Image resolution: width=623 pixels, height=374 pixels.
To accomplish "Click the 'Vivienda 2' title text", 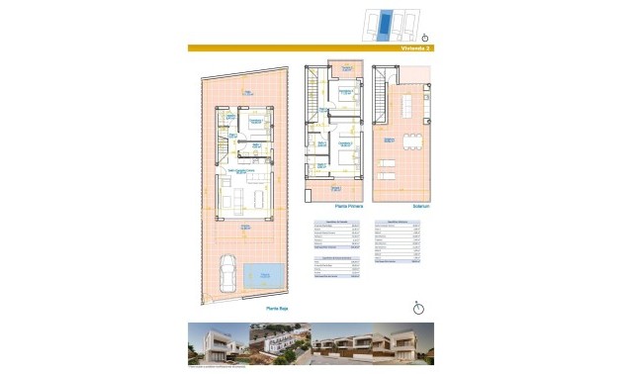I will tap(417, 47).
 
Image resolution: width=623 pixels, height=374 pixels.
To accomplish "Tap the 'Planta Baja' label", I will tap(275, 309).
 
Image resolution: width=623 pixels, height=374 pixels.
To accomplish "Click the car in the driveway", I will tap(227, 272).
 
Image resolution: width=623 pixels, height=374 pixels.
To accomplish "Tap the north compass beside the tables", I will tap(419, 307).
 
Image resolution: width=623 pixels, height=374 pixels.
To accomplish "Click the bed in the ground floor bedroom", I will tap(260, 126).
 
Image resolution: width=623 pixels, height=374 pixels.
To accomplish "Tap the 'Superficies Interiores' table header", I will tap(399, 224).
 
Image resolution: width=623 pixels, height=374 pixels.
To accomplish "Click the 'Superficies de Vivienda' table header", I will tap(332, 224).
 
